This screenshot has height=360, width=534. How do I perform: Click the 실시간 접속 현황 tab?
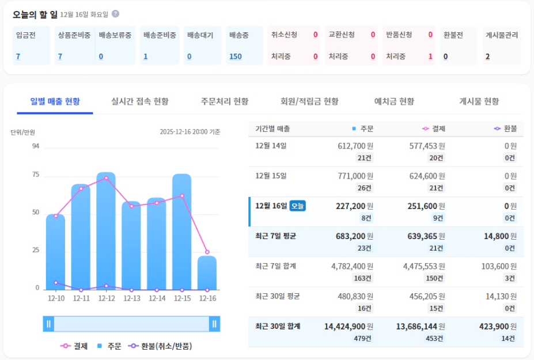(140, 101)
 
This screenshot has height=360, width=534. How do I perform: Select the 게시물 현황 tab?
(479, 101)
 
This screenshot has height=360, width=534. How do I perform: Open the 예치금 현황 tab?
(394, 101)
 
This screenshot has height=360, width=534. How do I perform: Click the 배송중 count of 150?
(236, 56)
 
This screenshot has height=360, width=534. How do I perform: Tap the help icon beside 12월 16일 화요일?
(115, 14)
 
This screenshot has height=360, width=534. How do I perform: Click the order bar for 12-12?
(106, 230)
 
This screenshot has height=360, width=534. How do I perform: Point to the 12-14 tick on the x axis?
(157, 298)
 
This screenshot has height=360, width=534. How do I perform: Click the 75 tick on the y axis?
(36, 175)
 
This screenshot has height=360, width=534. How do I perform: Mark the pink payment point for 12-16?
(207, 252)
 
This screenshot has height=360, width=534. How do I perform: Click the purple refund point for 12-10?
(55, 282)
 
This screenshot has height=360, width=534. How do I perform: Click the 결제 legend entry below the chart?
(74, 346)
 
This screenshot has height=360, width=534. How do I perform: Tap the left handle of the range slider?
(49, 324)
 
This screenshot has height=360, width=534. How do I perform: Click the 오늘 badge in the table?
(297, 206)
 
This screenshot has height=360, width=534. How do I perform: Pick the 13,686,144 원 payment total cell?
(421, 326)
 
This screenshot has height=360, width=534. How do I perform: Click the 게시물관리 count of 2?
(487, 56)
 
